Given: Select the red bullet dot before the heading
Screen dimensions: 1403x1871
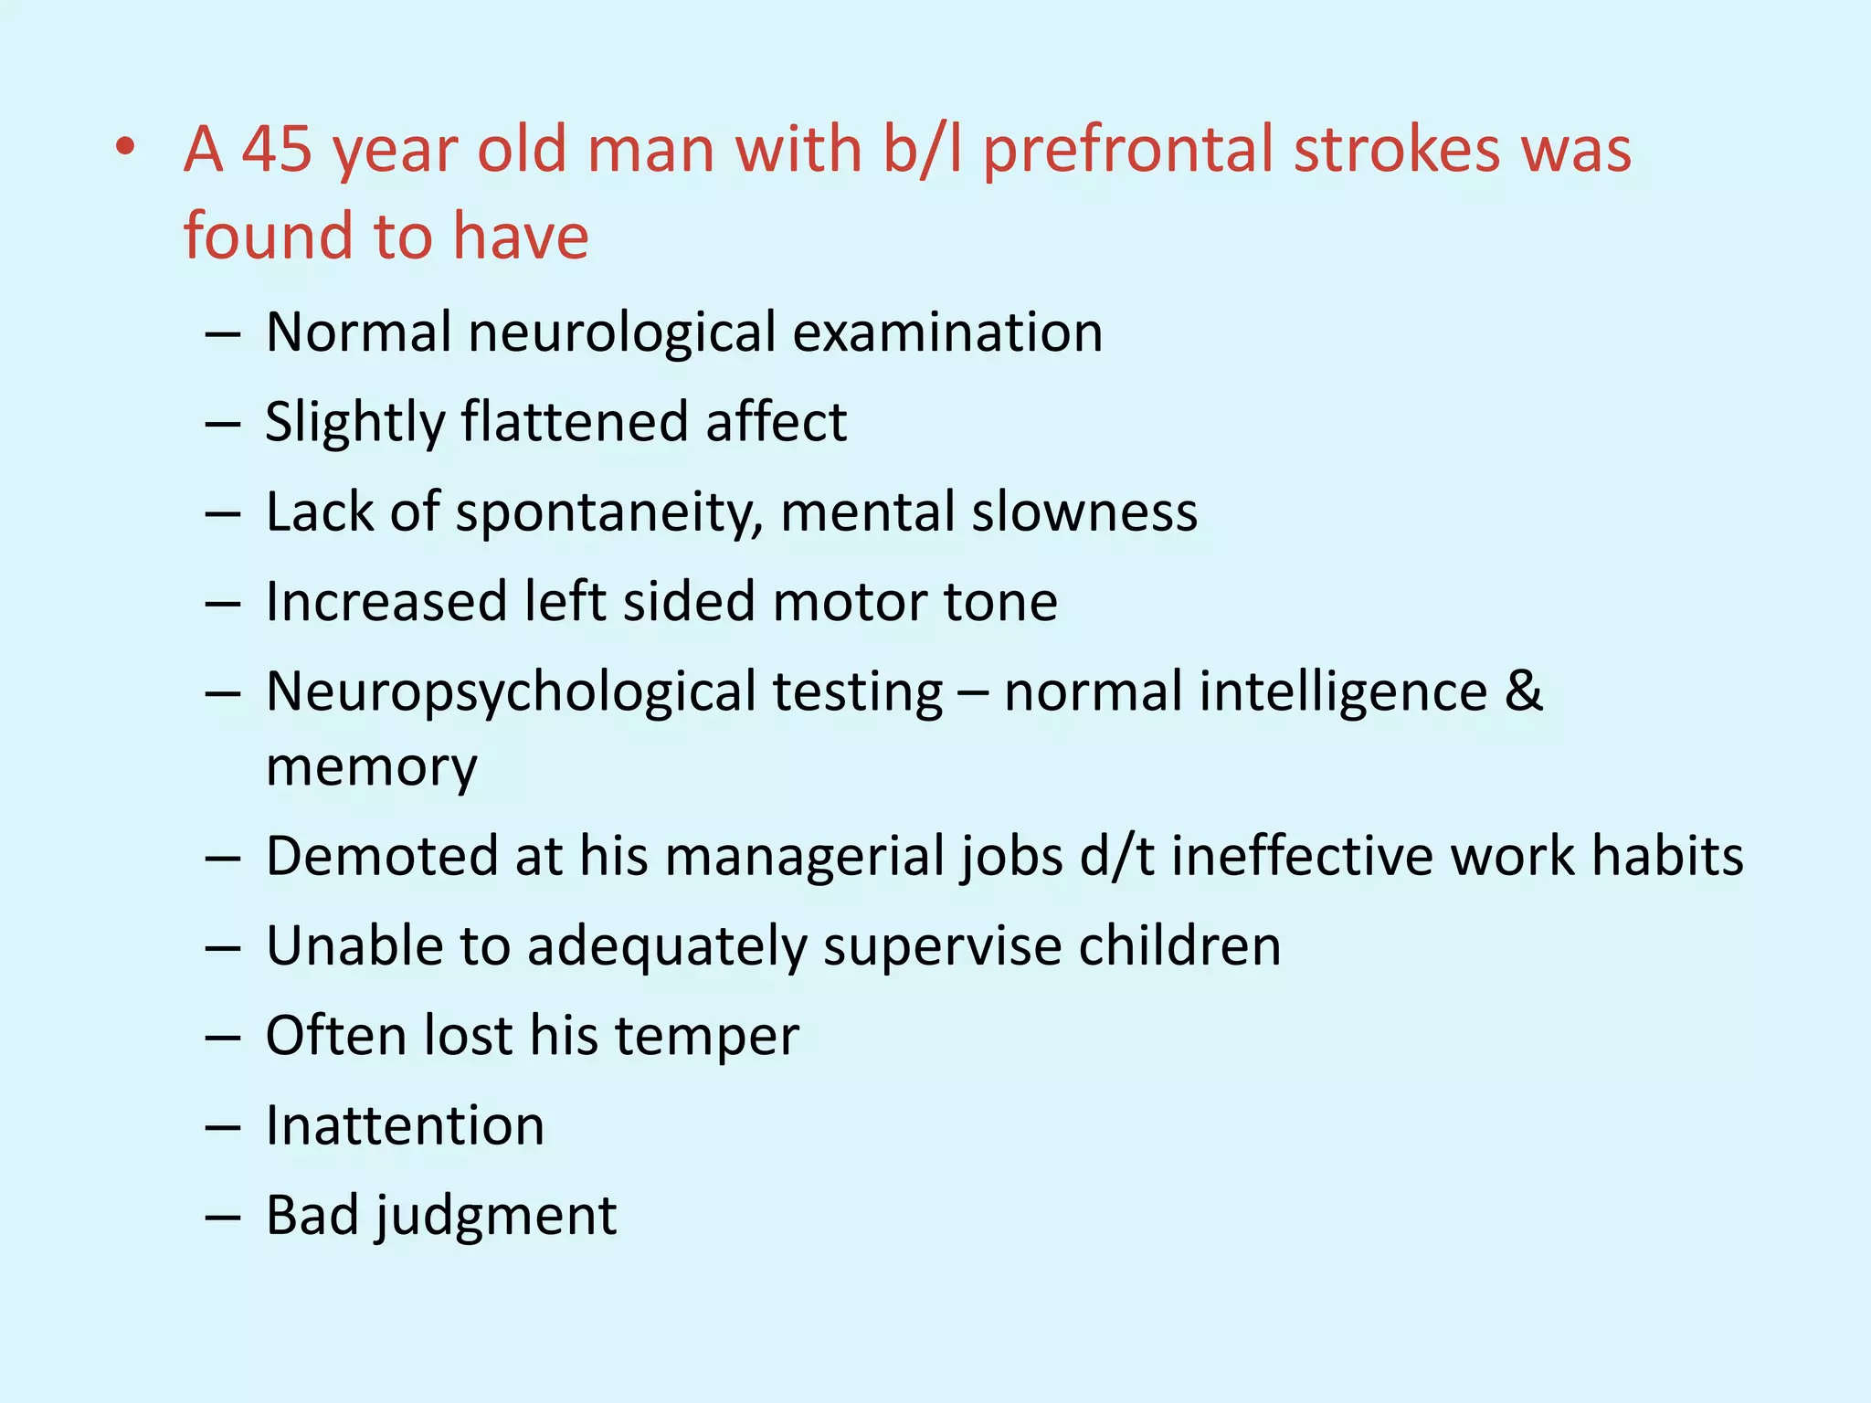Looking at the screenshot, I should [x=126, y=147].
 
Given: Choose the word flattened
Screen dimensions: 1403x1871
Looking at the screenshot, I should [x=575, y=422].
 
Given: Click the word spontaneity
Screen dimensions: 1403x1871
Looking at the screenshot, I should [x=608, y=513].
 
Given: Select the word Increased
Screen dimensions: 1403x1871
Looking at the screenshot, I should [x=386, y=602].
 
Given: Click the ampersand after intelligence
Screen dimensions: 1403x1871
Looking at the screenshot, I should [x=1523, y=691].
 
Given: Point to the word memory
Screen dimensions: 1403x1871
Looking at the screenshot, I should [x=371, y=767].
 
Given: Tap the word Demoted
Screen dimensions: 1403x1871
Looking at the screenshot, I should [x=382, y=857].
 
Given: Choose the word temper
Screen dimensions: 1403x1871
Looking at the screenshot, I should [x=706, y=1038].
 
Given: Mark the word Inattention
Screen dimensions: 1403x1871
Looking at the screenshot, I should [x=405, y=1125].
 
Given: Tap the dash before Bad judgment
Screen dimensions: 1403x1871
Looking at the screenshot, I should [x=223, y=1218].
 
